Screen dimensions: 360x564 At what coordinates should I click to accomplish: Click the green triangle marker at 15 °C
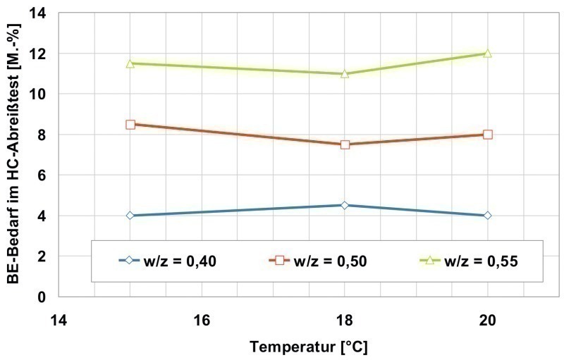(x=130, y=63)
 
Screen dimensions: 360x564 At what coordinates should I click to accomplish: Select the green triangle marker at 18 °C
(x=345, y=73)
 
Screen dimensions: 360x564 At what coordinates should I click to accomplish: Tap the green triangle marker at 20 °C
(x=487, y=54)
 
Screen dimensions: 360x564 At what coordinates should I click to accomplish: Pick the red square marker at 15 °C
(x=130, y=124)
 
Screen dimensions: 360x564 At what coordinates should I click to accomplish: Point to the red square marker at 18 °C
(x=345, y=144)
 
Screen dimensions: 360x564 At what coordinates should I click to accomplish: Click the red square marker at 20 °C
(x=487, y=135)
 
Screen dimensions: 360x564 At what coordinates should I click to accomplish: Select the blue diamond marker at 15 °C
(x=130, y=216)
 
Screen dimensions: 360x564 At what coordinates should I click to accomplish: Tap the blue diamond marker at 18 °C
(x=345, y=205)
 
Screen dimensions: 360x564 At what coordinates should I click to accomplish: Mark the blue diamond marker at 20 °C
(x=487, y=216)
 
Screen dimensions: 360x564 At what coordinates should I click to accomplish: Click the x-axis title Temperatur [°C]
(x=308, y=347)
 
